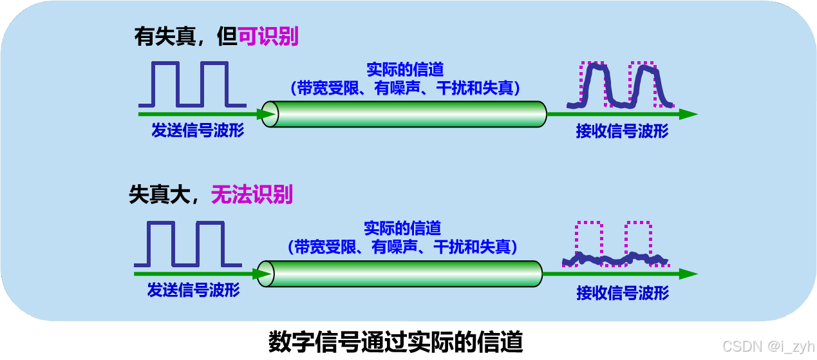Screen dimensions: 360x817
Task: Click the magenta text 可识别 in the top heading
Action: tap(268, 36)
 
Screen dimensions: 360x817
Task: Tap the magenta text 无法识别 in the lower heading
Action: tap(252, 194)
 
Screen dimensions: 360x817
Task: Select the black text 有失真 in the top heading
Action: tap(166, 36)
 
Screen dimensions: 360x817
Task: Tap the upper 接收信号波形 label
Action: tap(622, 131)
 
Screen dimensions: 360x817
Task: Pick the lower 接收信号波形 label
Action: tap(623, 293)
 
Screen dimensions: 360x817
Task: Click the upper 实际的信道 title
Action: tap(405, 70)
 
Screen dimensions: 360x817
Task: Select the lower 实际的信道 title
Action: tap(402, 228)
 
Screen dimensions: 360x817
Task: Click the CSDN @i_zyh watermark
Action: tap(767, 346)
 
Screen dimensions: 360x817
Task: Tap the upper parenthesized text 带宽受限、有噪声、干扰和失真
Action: tap(405, 88)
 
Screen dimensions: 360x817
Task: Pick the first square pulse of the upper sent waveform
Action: tap(165, 83)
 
